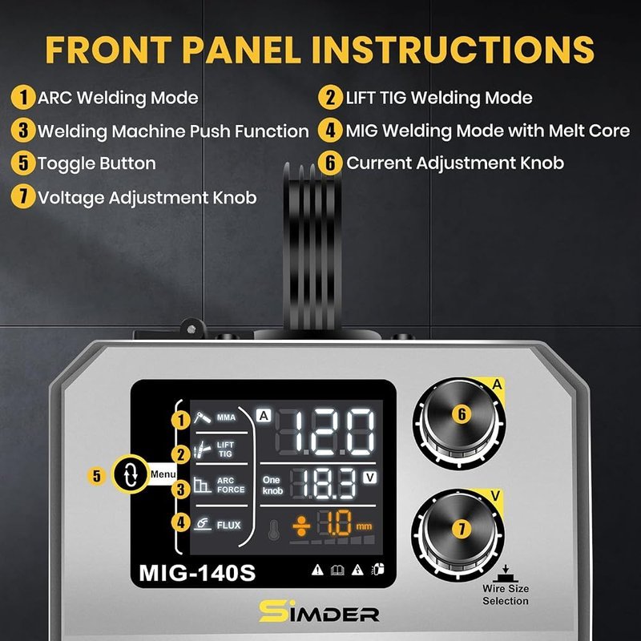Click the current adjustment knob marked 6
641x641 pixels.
click(459, 423)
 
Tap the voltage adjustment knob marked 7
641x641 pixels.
click(458, 534)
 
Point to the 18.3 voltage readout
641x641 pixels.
click(323, 484)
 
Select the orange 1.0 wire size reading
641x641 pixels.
click(335, 523)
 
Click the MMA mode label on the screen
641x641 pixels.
click(226, 417)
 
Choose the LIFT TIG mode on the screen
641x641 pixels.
click(225, 450)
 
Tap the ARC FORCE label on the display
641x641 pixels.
click(231, 486)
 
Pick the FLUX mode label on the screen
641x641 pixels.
click(228, 526)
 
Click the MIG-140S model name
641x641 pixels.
click(197, 573)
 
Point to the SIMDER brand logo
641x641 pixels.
click(319, 611)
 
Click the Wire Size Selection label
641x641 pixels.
click(506, 595)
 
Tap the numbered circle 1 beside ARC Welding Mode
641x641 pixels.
click(23, 97)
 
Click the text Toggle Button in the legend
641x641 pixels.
click(97, 163)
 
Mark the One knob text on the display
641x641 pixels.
click(272, 486)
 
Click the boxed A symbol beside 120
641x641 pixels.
click(264, 416)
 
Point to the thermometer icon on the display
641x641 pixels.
click(273, 530)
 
